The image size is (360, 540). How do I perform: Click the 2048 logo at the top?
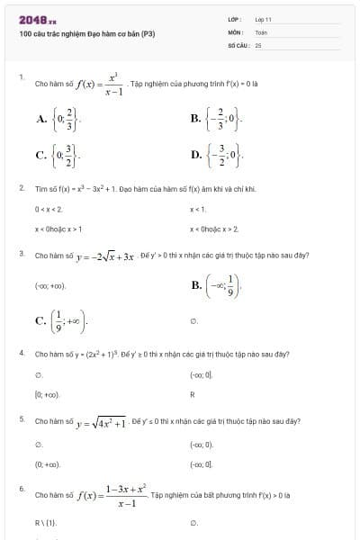tap(37, 19)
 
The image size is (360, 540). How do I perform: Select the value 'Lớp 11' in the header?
tap(263, 19)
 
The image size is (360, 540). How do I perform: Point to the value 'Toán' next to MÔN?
tap(261, 31)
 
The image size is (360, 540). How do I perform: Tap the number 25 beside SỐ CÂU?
tap(258, 43)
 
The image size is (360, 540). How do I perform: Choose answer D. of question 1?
tap(195, 154)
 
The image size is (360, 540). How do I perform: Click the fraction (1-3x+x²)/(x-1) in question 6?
tap(126, 496)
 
